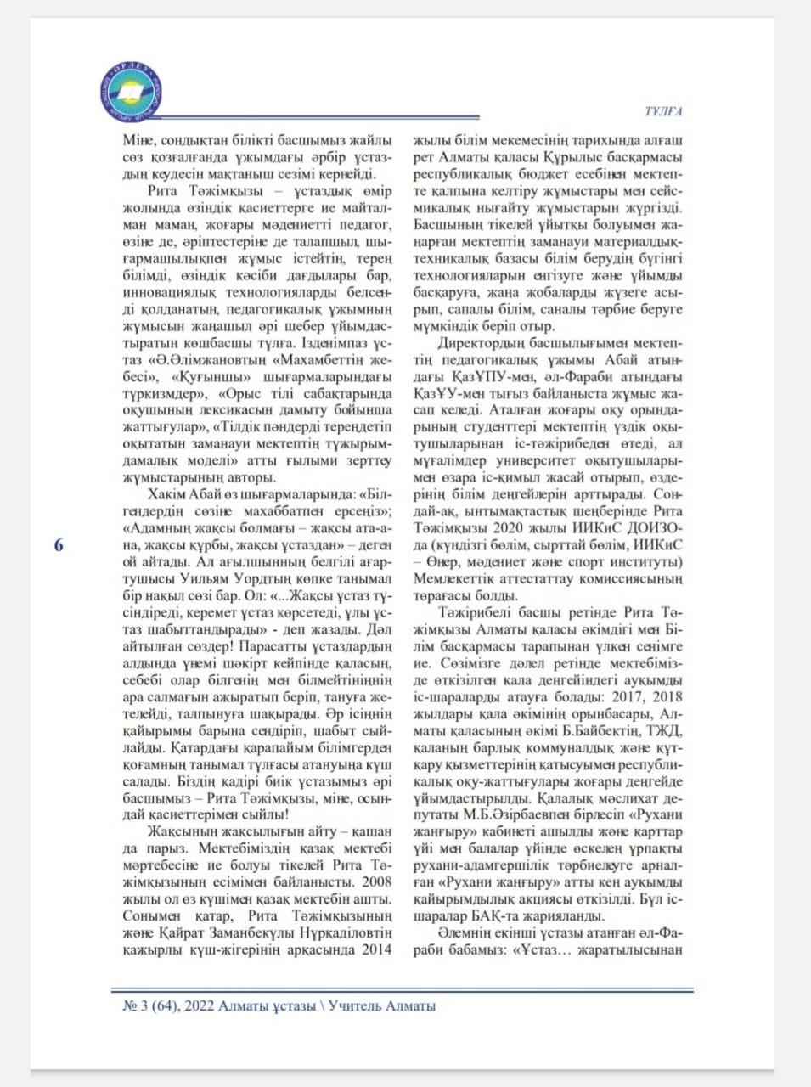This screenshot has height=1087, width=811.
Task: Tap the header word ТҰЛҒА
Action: pos(664,111)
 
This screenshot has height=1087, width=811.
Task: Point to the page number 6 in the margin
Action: pos(59,545)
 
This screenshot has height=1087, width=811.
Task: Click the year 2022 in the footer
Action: pos(198,1006)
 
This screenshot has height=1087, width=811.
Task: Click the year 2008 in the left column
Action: pos(375,881)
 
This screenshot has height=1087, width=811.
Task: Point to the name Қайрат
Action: pos(181,933)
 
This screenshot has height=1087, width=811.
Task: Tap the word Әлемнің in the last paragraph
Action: pos(465,933)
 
